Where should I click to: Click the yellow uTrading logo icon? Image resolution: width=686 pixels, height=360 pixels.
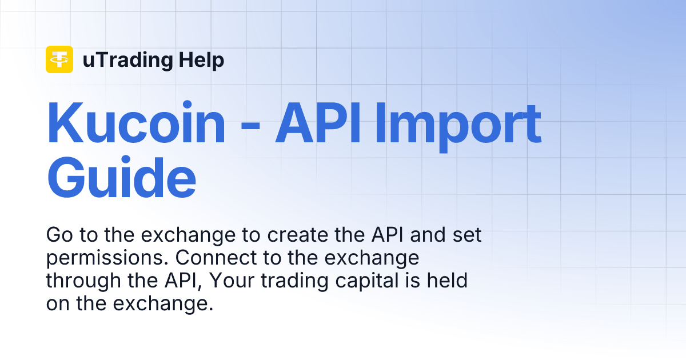pyautogui.click(x=59, y=59)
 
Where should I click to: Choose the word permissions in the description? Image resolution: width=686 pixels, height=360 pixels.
pyautogui.click(x=107, y=259)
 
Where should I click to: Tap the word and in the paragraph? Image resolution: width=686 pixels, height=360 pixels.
pyautogui.click(x=430, y=235)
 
